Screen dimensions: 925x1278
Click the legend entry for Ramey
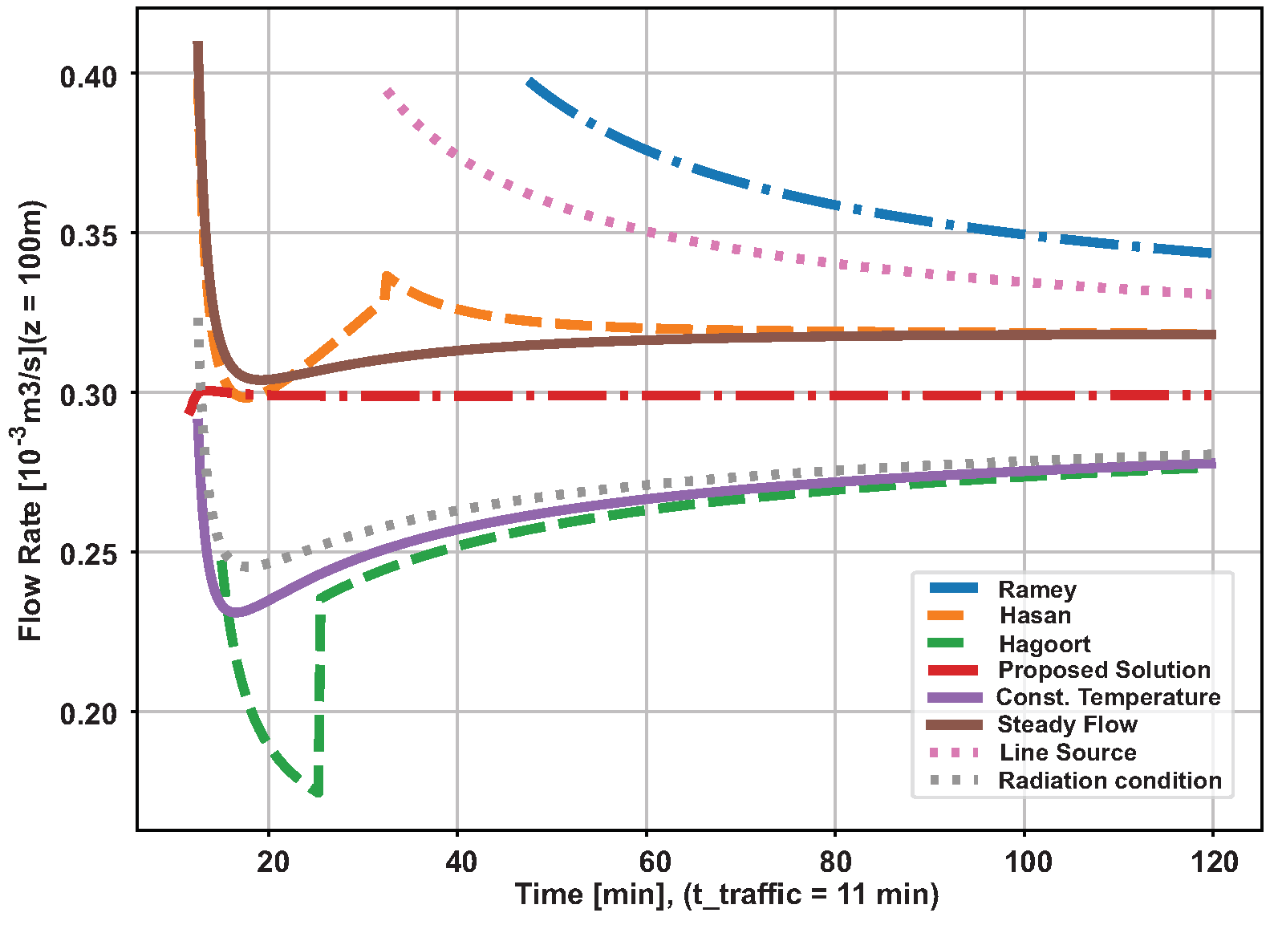pos(1037,590)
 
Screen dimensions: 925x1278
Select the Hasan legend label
pos(1035,616)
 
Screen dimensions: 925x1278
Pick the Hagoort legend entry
pos(1044,644)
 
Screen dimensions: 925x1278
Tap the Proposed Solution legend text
pos(1103,670)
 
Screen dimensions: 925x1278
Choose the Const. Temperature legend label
pos(1108,697)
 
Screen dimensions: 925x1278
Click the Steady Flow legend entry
pos(1067,724)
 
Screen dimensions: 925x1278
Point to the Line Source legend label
pos(1067,753)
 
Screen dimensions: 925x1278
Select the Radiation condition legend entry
pos(1110,781)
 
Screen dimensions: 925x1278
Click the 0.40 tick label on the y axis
pos(88,77)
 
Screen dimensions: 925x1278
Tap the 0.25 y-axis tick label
pos(88,554)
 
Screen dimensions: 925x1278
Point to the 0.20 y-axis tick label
pos(88,713)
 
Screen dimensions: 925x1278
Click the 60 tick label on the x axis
pos(655,862)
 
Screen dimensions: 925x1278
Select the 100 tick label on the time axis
pos(1028,862)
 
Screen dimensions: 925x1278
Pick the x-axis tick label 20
pos(274,862)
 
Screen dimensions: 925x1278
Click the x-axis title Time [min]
pos(726,895)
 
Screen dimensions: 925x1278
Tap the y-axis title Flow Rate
pos(30,421)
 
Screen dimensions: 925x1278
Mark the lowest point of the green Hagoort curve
pos(318,793)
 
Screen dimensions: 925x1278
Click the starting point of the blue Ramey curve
pos(529,82)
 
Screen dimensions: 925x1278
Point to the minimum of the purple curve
pos(233,613)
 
